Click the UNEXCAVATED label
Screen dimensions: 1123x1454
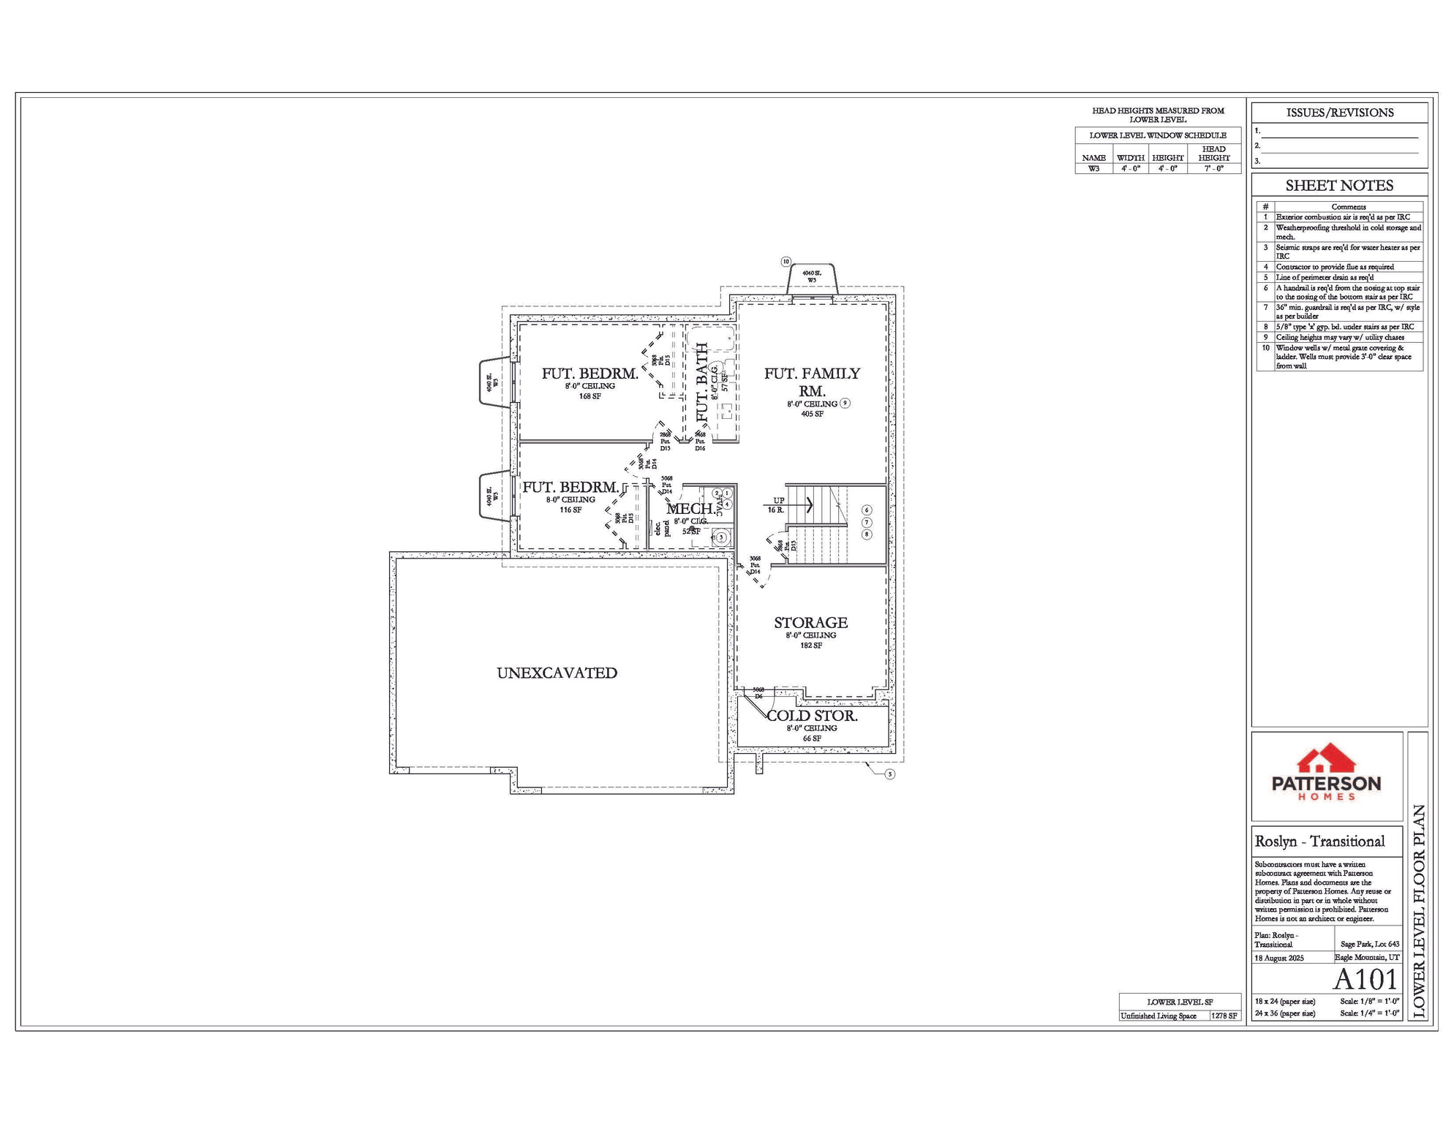click(x=557, y=673)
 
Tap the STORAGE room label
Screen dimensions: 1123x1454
click(x=810, y=622)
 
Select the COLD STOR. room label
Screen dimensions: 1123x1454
click(x=812, y=716)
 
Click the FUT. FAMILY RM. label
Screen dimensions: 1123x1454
click(x=812, y=382)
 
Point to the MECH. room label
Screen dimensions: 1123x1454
click(x=690, y=508)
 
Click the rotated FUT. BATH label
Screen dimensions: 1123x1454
click(x=702, y=382)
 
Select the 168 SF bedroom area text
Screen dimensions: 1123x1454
click(x=589, y=396)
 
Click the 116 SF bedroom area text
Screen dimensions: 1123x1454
click(x=570, y=510)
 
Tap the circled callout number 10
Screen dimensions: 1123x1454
click(x=786, y=261)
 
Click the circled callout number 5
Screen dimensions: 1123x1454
click(x=889, y=774)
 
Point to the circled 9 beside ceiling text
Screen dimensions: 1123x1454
click(x=845, y=403)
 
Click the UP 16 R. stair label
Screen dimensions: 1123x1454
click(x=777, y=505)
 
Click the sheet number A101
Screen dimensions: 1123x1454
click(x=1365, y=979)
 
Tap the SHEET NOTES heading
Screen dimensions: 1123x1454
click(x=1338, y=186)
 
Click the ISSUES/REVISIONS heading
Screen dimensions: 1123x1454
click(x=1339, y=113)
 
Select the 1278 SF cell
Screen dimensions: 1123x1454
click(x=1224, y=1016)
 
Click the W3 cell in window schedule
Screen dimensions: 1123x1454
click(x=1093, y=169)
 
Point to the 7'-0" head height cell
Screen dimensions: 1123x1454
click(x=1213, y=169)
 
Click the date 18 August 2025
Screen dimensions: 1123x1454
click(x=1278, y=958)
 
